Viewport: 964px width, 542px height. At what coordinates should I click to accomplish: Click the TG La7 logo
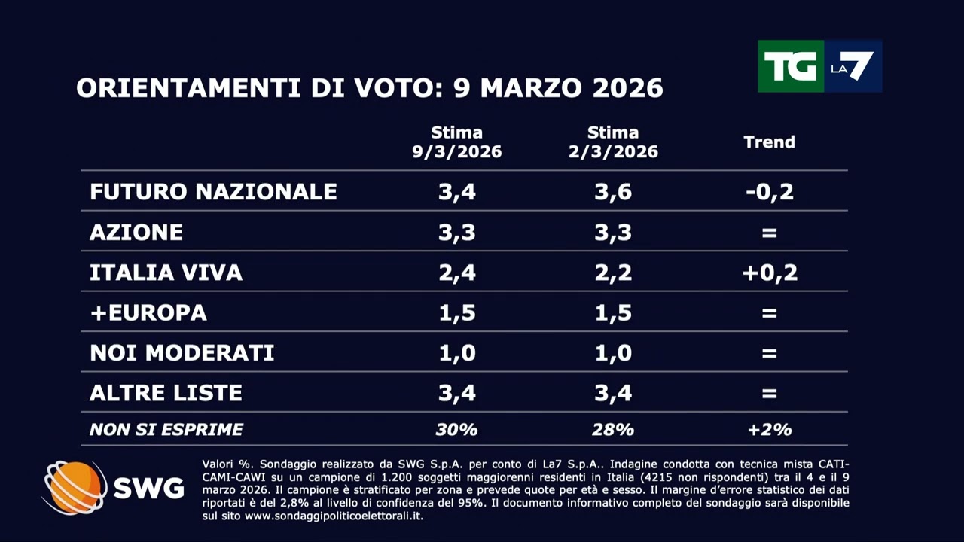819,66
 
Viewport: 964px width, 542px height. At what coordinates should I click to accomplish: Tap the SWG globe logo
75,488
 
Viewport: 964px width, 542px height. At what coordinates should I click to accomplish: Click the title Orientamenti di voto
369,88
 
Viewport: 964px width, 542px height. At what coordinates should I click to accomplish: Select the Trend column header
769,142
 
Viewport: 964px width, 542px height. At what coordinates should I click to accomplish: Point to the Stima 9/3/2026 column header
456,142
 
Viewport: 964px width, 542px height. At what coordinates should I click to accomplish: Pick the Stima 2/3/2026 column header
613,142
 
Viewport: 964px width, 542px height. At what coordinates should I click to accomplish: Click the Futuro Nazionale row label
213,191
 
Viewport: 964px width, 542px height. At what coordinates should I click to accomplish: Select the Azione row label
136,232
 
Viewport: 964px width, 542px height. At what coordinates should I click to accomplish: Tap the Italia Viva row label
166,272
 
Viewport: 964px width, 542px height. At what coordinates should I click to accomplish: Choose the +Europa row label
148,312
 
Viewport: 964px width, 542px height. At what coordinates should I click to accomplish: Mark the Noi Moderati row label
182,352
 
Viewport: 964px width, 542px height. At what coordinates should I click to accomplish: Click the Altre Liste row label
166,392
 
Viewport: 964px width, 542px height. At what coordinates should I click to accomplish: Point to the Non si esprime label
166,430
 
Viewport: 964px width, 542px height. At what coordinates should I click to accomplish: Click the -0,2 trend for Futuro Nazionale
769,191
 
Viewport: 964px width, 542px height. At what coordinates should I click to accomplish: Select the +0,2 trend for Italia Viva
769,272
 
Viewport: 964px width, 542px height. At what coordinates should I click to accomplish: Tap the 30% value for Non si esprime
456,430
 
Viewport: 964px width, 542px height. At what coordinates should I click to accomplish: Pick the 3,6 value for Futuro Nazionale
613,191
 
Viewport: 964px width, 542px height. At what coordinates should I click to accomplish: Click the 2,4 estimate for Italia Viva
456,272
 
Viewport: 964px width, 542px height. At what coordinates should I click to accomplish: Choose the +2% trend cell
769,430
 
